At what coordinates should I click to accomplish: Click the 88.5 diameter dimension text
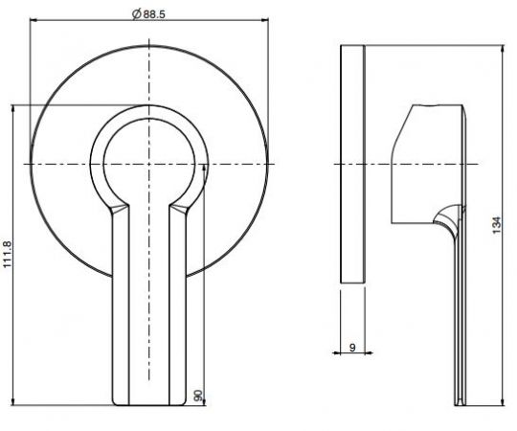(x=154, y=14)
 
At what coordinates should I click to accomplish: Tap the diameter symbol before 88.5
(x=137, y=14)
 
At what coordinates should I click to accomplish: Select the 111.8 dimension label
(x=8, y=254)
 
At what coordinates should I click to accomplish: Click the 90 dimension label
(x=198, y=396)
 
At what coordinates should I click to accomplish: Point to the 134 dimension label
(x=497, y=225)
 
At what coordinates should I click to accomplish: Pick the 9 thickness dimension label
(x=352, y=347)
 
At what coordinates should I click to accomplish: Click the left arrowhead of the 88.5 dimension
(x=34, y=20)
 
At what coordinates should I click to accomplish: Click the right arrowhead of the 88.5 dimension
(x=265, y=20)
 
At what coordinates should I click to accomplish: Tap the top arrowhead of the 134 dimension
(x=503, y=49)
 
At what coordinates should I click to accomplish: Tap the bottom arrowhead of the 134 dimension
(x=503, y=401)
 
